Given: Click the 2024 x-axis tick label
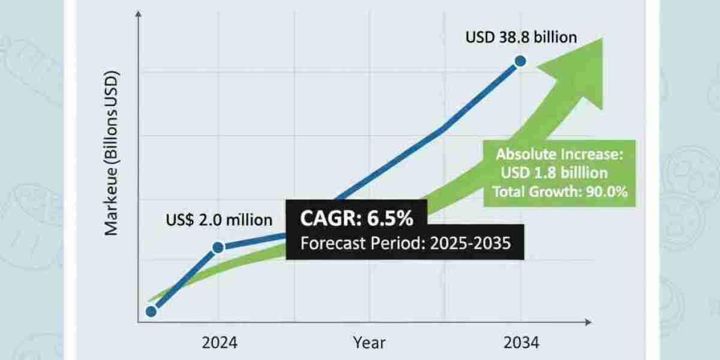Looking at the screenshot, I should tap(219, 343).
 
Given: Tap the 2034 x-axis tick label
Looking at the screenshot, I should tap(521, 343).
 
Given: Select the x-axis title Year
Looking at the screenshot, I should tap(369, 343).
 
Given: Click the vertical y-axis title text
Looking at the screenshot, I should tap(112, 154).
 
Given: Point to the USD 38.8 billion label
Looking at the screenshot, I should tap(521, 38).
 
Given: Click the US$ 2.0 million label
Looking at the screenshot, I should tap(218, 220).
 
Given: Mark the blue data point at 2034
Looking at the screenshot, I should tap(520, 61).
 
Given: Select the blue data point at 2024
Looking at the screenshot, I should tap(218, 247).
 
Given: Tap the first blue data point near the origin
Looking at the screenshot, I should tap(151, 311).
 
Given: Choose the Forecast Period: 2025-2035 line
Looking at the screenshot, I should tap(406, 244).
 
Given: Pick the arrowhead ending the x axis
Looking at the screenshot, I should tap(587, 323).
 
